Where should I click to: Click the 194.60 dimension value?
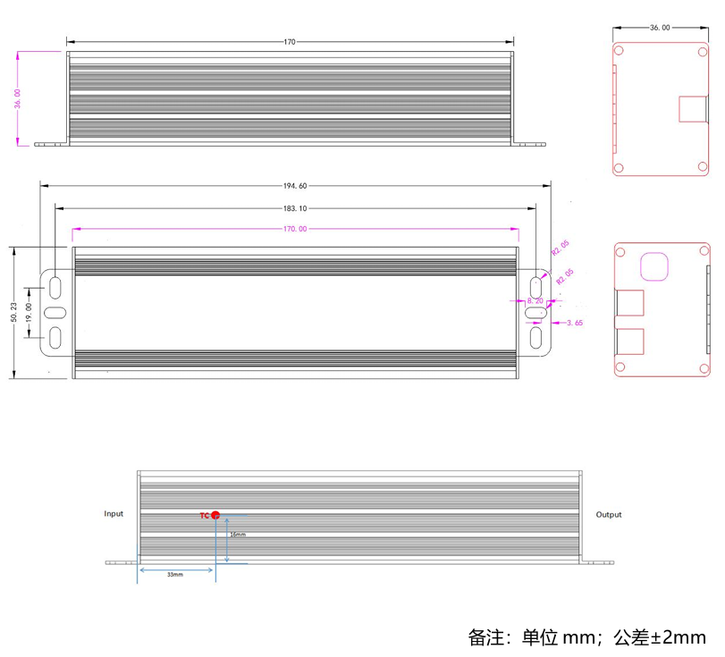(x=295, y=186)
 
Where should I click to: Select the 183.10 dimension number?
(x=295, y=207)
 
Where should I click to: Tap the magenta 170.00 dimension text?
(x=295, y=229)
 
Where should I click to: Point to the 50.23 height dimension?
(x=13, y=313)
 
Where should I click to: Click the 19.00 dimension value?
(x=29, y=313)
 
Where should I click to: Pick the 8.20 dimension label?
(x=535, y=301)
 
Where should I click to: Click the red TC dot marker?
(x=215, y=515)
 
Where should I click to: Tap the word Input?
(x=114, y=514)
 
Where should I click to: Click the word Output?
(x=609, y=515)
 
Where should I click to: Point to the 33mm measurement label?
(x=175, y=575)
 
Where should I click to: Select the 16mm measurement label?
(x=238, y=535)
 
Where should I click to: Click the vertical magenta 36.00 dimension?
(x=18, y=98)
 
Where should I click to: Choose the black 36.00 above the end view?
(x=659, y=28)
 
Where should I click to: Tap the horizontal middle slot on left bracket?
(x=55, y=313)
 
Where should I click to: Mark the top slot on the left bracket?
(x=55, y=287)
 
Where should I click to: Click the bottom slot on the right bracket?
(x=536, y=338)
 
